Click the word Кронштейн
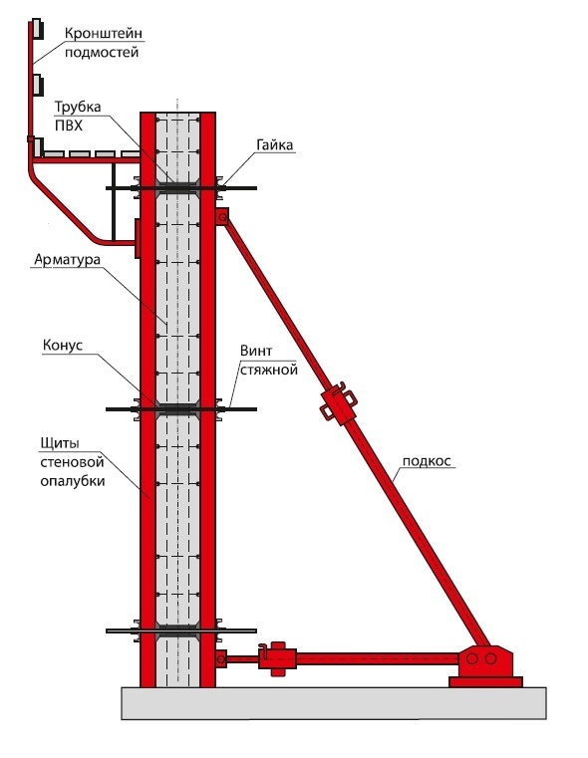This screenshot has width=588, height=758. [104, 33]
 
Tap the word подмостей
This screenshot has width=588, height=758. [102, 52]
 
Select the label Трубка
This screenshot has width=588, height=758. [78, 108]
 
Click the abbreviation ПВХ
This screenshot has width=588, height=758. [68, 126]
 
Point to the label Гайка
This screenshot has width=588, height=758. [275, 145]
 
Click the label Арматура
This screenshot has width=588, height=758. [67, 260]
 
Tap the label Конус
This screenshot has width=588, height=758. [63, 346]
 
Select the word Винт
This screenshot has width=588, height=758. [256, 351]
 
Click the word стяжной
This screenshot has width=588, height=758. [269, 371]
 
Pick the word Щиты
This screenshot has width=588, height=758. [60, 444]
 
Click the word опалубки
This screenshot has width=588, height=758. [73, 481]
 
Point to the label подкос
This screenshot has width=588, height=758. [427, 461]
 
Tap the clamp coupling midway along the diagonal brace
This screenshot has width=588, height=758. [339, 402]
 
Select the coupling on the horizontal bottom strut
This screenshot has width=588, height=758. [277, 658]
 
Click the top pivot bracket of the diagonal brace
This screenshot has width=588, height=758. [222, 217]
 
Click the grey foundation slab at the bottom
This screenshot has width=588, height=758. [334, 703]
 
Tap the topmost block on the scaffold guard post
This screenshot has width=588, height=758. [37, 30]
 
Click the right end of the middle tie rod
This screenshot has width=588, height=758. [256, 409]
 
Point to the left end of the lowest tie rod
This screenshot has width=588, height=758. [107, 631]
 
